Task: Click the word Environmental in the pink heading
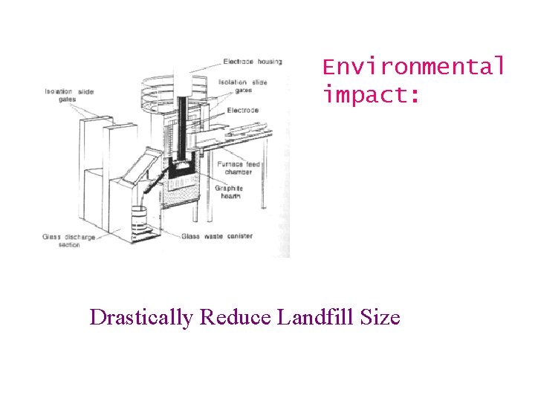[x=413, y=67]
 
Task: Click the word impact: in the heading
[x=371, y=96]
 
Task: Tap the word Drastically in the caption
[x=141, y=318]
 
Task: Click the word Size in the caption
[x=380, y=318]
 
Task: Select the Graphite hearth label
[x=230, y=192]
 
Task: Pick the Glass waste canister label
[x=216, y=236]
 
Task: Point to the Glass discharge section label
[x=61, y=240]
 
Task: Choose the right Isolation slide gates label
[x=243, y=85]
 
